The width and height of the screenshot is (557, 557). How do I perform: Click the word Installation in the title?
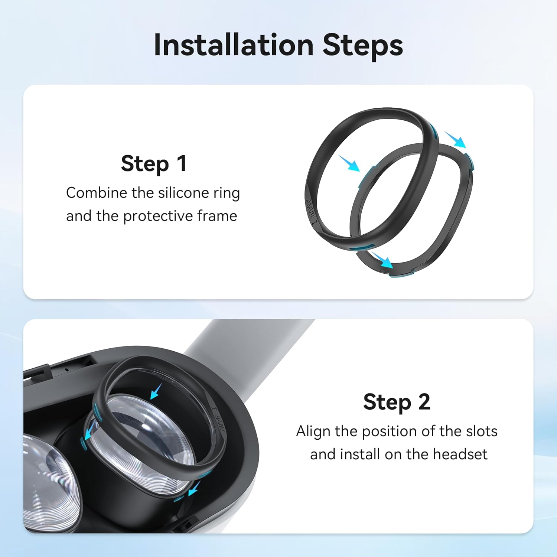(234, 45)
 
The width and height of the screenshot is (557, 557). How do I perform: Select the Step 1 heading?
(154, 163)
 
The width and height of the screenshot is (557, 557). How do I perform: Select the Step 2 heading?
(397, 402)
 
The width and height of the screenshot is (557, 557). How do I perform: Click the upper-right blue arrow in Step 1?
(455, 140)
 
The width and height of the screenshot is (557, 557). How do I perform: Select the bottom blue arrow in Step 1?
(382, 260)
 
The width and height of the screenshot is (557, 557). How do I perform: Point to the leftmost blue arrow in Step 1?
(349, 164)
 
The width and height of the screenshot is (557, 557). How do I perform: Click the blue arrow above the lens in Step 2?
(156, 391)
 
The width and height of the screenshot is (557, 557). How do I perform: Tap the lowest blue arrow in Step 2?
(194, 489)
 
